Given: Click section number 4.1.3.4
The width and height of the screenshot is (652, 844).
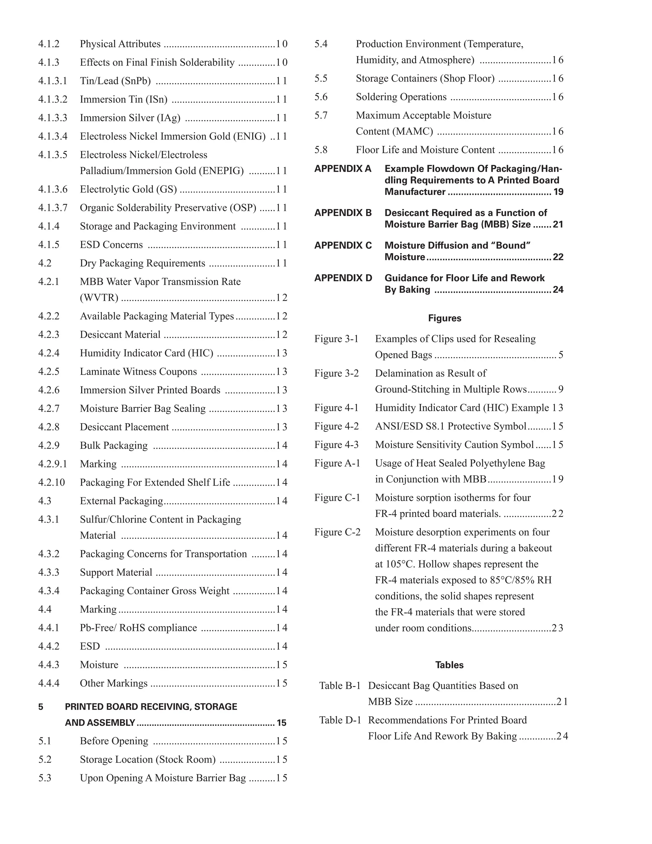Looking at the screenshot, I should point(53,136).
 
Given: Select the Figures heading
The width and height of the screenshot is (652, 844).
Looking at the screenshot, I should point(444,318).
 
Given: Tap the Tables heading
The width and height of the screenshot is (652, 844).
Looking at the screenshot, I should point(449,665).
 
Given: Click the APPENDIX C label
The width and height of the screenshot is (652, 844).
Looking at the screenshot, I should point(343,246).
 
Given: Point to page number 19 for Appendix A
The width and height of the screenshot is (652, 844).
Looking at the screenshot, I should point(558,192).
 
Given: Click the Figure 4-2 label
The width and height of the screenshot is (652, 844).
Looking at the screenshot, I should point(337,426).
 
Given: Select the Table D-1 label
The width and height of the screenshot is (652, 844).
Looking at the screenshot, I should point(340,720).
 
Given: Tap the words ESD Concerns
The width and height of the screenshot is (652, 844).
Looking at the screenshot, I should point(111,245).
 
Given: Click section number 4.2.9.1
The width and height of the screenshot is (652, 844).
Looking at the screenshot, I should point(53,464).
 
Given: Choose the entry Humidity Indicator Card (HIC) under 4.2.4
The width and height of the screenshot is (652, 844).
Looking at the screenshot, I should point(146,353).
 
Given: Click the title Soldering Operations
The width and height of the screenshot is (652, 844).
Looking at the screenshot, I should point(401,97).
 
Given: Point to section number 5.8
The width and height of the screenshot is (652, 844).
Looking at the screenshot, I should point(321,150).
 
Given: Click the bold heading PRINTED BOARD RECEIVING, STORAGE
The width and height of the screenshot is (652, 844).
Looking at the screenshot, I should point(151,707).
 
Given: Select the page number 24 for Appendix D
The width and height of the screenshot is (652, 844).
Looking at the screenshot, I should point(558,290).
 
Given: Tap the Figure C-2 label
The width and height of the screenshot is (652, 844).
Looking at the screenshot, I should point(337,533).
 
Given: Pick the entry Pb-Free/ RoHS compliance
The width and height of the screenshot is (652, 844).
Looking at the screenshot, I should point(138,628).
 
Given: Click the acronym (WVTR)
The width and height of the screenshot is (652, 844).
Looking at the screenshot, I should point(99,298).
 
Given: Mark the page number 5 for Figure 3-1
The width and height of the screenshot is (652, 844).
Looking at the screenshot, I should point(561,355).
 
